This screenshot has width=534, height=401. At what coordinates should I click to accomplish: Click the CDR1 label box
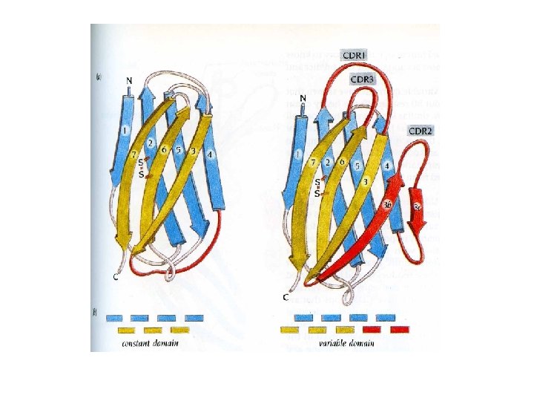point(355,55)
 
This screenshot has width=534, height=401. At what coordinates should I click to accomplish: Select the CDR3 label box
point(362,78)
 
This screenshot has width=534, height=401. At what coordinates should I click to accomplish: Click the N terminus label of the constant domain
point(129,81)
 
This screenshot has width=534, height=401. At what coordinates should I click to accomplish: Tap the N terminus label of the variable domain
point(303,98)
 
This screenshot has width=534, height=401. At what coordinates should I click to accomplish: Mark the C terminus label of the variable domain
point(286,297)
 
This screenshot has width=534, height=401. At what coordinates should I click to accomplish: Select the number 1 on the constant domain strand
point(125,131)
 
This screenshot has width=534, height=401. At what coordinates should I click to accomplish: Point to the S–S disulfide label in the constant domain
point(141,170)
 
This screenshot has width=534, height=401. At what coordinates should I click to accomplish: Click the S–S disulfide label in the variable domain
point(318,187)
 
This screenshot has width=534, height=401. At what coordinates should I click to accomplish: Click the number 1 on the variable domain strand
point(297,154)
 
